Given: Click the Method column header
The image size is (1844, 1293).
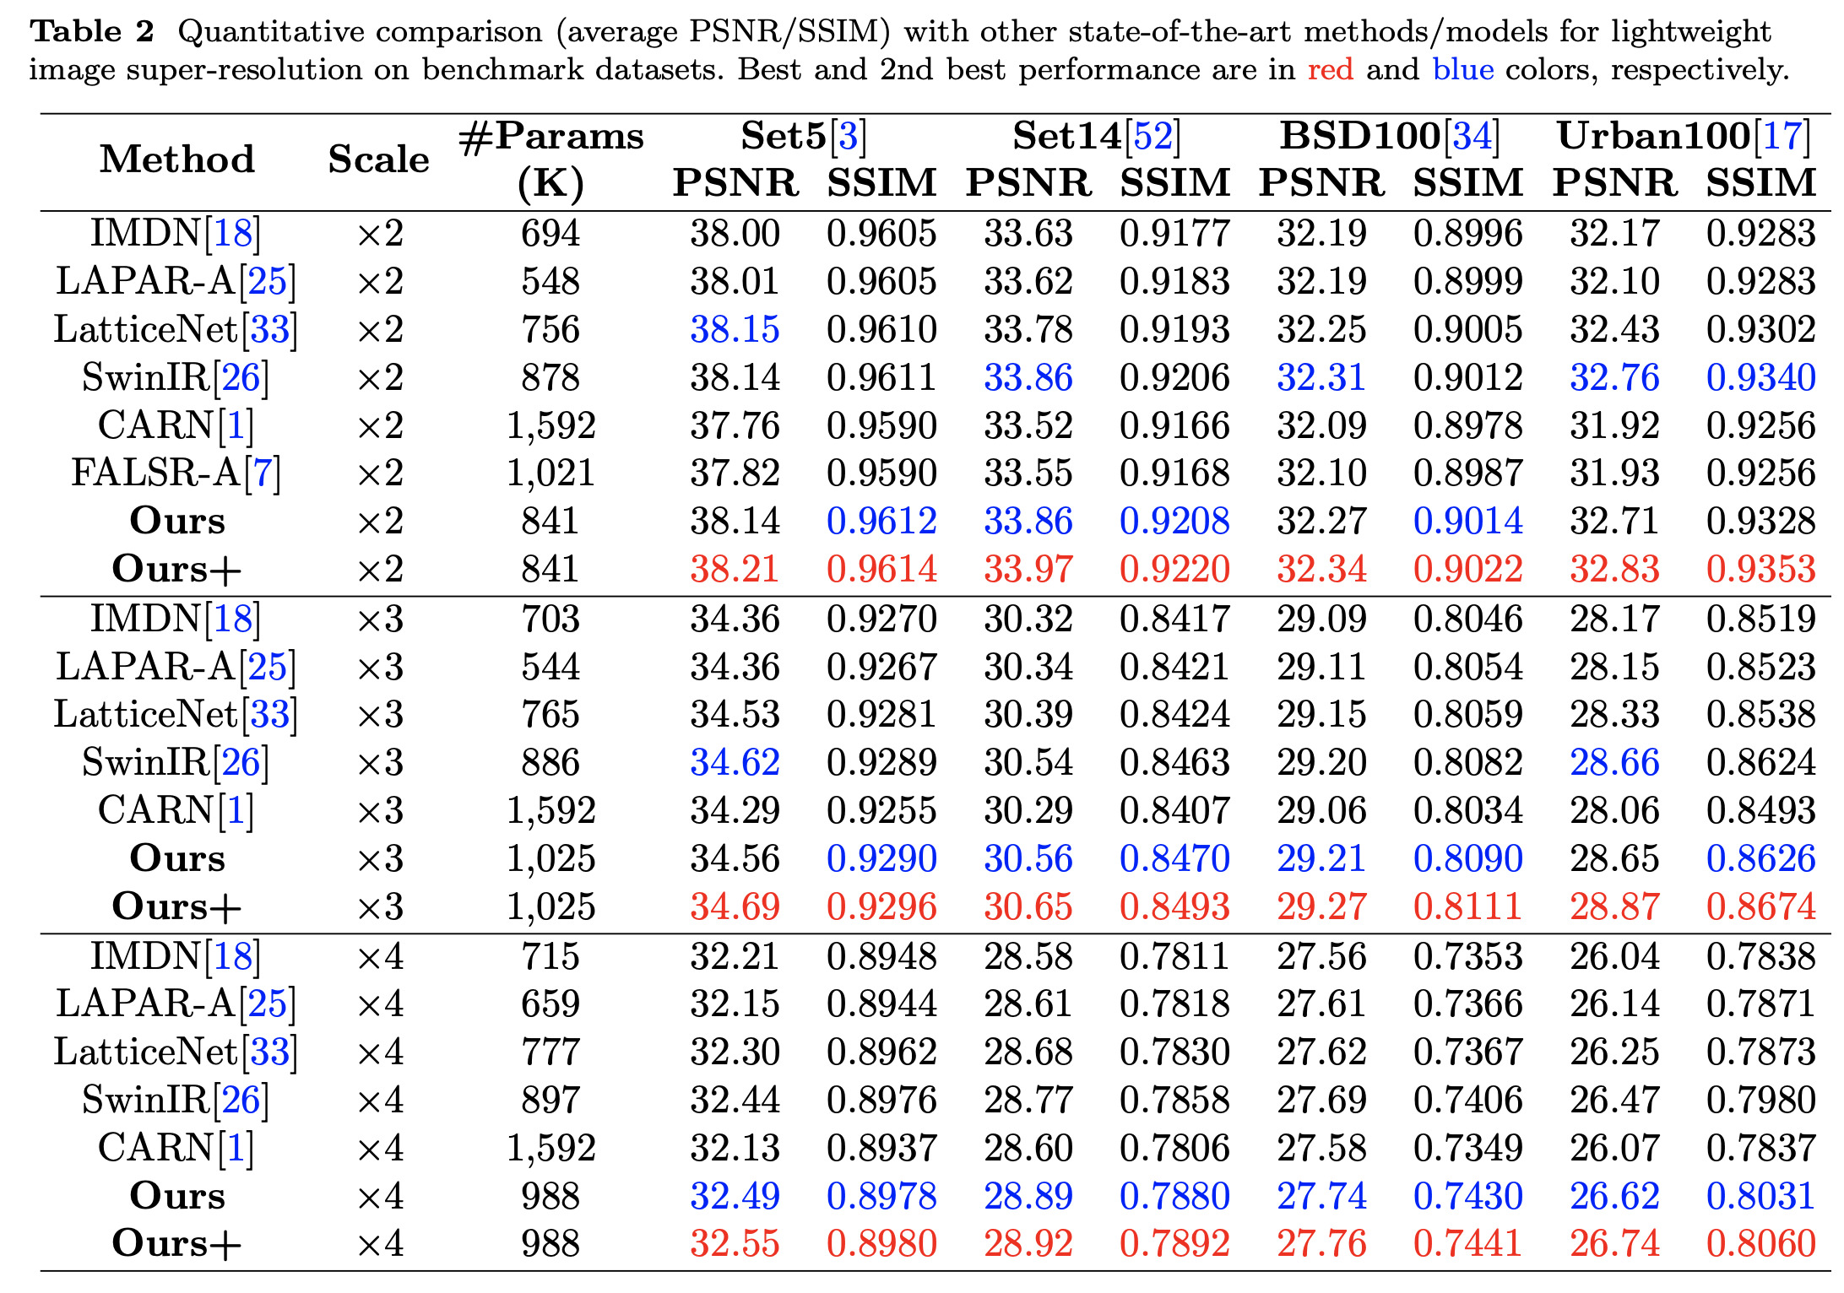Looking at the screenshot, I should (x=177, y=159).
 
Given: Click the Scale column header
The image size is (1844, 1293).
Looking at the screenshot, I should (x=378, y=159).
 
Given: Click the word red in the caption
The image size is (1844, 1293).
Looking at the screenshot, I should (x=1330, y=68).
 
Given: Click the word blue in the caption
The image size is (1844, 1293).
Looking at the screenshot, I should (x=1462, y=68).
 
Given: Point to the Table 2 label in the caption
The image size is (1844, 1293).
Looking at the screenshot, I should (x=92, y=31).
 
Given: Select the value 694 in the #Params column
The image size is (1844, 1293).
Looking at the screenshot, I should (x=550, y=233).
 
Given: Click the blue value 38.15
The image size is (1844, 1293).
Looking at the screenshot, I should (x=735, y=329).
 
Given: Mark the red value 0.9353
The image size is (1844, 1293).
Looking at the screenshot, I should (x=1760, y=569).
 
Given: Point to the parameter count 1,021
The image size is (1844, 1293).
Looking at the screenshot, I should (x=550, y=473).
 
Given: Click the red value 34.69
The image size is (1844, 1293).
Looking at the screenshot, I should (x=735, y=906).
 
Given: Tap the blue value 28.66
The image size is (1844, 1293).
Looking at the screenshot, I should (x=1614, y=762).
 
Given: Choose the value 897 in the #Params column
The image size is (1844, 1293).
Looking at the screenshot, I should (x=550, y=1100).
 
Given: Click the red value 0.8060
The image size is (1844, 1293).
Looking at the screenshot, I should (x=1760, y=1243).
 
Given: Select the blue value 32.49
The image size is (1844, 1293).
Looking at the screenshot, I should (x=735, y=1196).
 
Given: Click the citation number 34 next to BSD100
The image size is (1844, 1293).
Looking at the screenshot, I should (x=1472, y=136).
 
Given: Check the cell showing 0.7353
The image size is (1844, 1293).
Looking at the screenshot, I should (x=1467, y=956).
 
